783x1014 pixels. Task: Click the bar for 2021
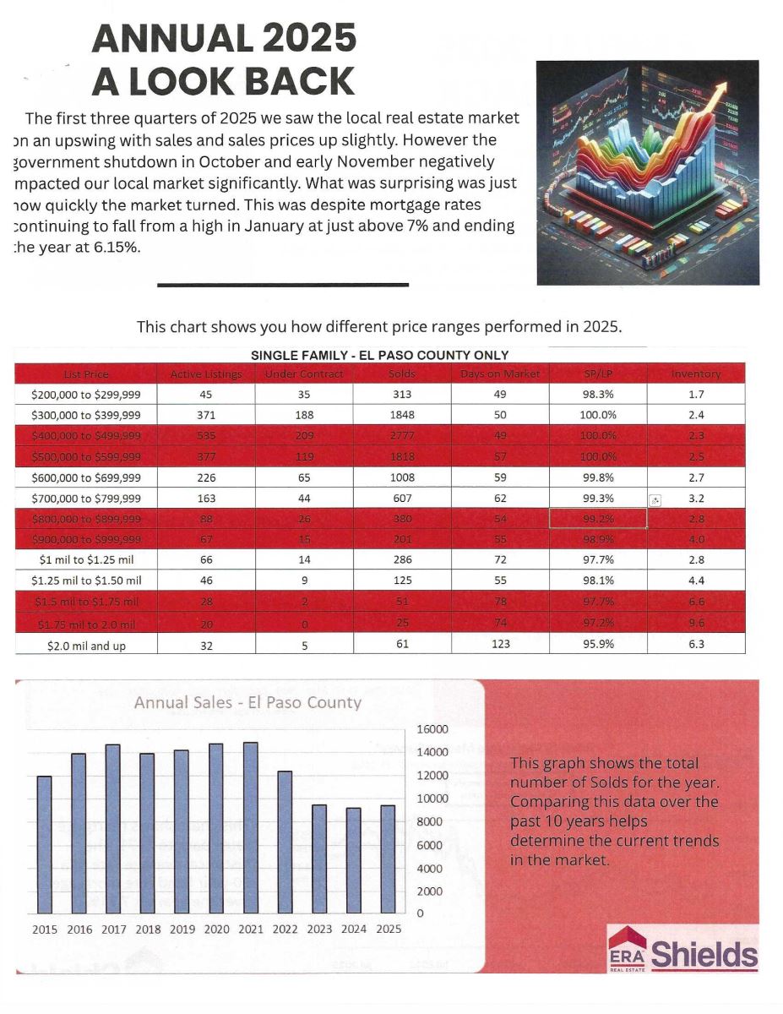(x=251, y=827)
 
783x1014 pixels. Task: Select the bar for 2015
(x=45, y=844)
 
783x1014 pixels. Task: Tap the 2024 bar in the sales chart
(x=354, y=860)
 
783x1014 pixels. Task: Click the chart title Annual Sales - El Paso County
(x=247, y=703)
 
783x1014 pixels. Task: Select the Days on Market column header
(x=500, y=373)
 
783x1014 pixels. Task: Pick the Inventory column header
(x=696, y=373)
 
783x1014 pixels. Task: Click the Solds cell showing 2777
(x=402, y=435)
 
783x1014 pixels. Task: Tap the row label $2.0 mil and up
(x=86, y=644)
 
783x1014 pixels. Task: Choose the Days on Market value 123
(x=500, y=644)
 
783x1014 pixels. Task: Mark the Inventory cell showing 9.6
(x=696, y=624)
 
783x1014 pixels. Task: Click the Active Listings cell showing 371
(x=206, y=415)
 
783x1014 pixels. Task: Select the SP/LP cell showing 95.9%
(x=598, y=644)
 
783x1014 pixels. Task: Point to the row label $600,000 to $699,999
(x=86, y=477)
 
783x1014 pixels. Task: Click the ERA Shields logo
(x=682, y=950)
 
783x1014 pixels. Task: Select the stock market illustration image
(x=647, y=172)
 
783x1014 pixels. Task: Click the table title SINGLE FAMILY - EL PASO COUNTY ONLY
(x=379, y=355)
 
